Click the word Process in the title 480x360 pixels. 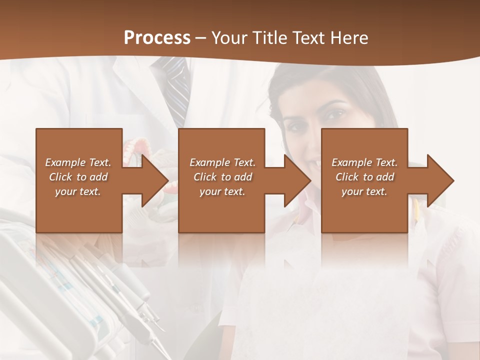click(x=157, y=38)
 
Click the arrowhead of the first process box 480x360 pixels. click(x=155, y=180)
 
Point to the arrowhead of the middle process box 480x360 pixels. click(x=298, y=180)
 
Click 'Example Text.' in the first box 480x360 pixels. click(x=78, y=162)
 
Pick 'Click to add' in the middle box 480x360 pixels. click(x=222, y=177)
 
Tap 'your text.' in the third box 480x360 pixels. click(x=364, y=191)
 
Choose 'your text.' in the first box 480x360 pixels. click(x=78, y=191)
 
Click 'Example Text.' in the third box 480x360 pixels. click(x=364, y=162)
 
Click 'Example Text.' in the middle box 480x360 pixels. click(x=222, y=162)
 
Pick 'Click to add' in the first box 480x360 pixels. click(x=78, y=177)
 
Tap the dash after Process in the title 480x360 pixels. click(x=201, y=38)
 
